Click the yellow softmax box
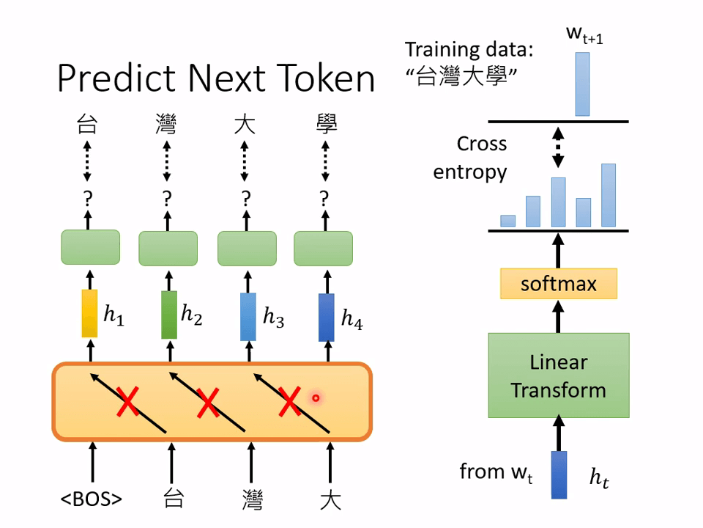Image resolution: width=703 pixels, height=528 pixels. pos(558,283)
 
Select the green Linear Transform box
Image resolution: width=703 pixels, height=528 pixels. pos(558,375)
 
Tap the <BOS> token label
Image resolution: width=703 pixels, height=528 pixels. pos(92,499)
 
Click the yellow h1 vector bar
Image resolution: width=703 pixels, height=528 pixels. pos(89,315)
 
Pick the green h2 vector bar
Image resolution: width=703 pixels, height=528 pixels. pos(169,315)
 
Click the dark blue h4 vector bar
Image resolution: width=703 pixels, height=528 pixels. pos(327,317)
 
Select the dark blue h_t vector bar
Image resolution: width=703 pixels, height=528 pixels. pos(559,474)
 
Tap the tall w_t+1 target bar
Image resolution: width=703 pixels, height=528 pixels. pos(582,84)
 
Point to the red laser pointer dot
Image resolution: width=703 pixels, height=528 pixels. pos(316,398)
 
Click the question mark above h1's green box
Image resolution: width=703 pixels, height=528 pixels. pos(88,197)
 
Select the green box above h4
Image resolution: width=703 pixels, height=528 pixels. pos(323,248)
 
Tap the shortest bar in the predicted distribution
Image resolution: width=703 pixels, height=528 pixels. pos(508,220)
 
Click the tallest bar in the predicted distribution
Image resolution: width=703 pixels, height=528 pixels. pos(608,195)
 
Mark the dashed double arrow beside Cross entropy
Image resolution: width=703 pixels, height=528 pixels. pos(558,147)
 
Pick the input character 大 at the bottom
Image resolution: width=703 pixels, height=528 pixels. pos(330,500)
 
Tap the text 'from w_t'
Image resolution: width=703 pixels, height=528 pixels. pos(495,472)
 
